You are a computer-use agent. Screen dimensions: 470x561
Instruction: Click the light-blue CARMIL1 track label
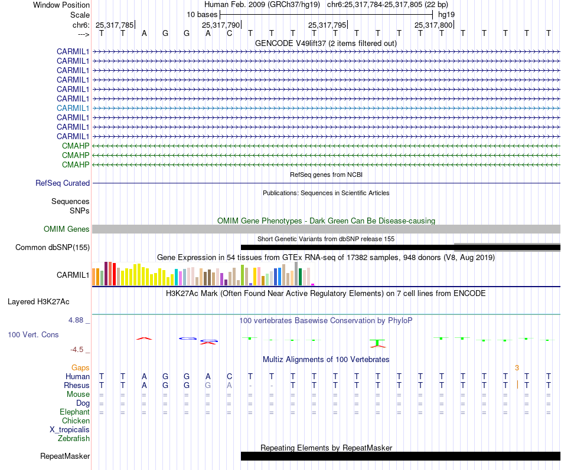[73, 108]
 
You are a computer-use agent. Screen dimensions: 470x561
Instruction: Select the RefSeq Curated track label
[63, 183]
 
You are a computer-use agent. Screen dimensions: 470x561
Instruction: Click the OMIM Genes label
[67, 229]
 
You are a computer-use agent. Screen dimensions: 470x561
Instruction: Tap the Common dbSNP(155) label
[52, 247]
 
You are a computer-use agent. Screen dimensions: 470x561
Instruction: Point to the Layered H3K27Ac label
[38, 301]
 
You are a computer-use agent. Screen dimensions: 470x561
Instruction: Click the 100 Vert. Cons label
[33, 334]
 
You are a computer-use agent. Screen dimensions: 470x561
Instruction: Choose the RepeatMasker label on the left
[65, 456]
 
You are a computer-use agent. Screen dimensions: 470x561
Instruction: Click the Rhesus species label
[77, 385]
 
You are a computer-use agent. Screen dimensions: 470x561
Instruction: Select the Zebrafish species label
[74, 438]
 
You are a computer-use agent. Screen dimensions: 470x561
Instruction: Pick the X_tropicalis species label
[70, 429]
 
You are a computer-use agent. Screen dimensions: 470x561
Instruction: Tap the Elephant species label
[74, 412]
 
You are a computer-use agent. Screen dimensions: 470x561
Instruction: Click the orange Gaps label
[81, 367]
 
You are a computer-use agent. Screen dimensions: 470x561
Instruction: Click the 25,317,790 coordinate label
[221, 25]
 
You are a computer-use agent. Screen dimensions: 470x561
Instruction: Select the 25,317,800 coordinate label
[433, 25]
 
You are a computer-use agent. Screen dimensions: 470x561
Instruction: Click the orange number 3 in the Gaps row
[517, 367]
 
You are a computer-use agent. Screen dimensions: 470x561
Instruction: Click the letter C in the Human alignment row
[229, 376]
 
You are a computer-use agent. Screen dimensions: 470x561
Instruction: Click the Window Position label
[61, 5]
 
